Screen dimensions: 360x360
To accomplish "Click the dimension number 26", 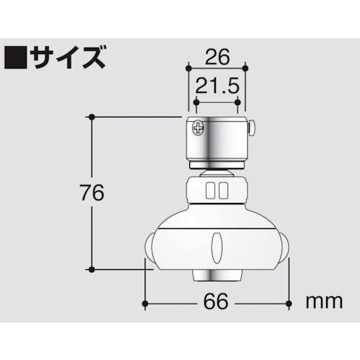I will [x=216, y=55].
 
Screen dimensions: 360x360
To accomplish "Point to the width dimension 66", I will [x=217, y=301].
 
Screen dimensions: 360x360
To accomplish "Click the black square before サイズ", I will [x=15, y=55].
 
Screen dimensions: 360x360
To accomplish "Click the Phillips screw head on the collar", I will [x=198, y=129].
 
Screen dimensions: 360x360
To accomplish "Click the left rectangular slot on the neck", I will [x=210, y=191].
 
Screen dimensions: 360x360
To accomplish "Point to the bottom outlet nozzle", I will [x=217, y=276].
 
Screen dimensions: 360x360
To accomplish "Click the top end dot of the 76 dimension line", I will [x=91, y=115].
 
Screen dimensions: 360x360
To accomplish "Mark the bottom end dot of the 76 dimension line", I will [x=91, y=269].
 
